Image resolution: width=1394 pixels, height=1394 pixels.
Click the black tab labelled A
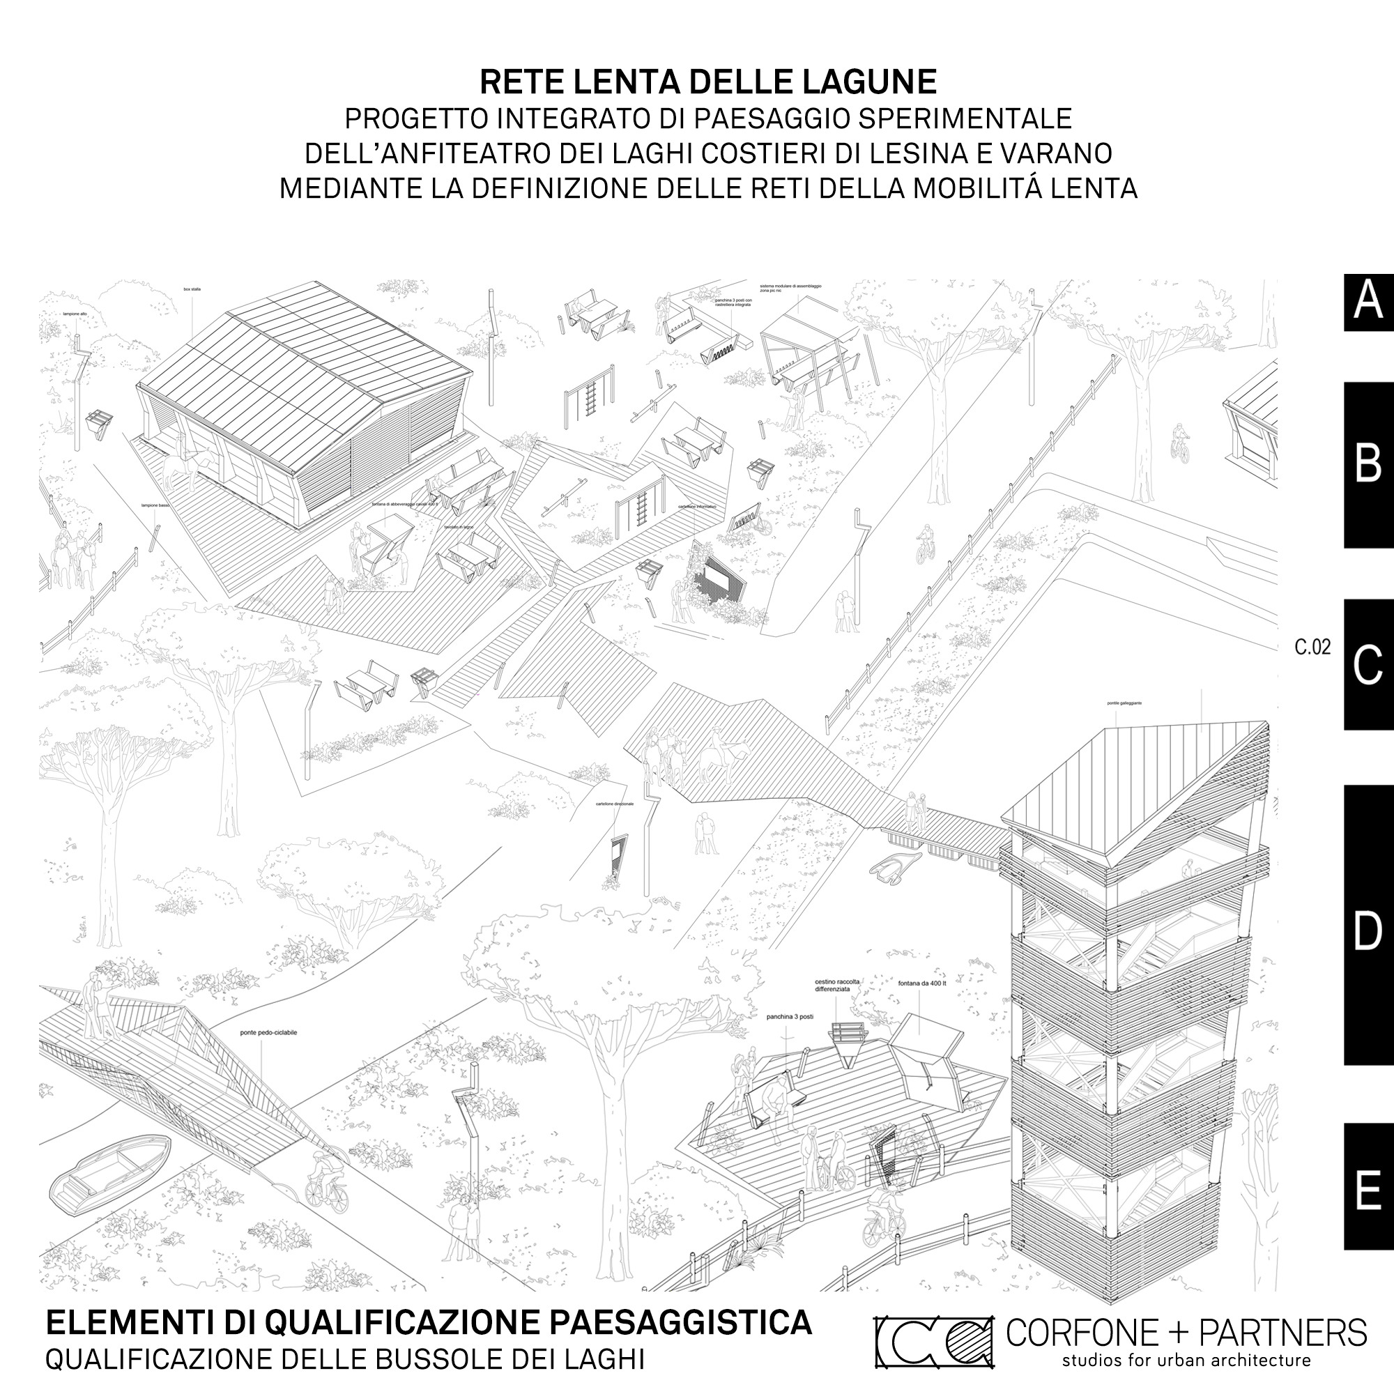1368,302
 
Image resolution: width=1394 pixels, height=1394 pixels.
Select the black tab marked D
1368,930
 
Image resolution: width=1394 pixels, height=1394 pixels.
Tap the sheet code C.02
1312,648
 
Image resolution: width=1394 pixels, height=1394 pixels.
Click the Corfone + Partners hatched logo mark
935,1341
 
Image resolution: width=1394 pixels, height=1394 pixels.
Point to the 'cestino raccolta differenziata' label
837,986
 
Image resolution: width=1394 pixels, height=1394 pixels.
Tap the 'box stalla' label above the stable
192,289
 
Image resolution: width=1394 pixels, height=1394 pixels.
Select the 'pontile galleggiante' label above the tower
1124,703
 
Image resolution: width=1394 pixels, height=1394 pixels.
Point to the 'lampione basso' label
155,506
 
